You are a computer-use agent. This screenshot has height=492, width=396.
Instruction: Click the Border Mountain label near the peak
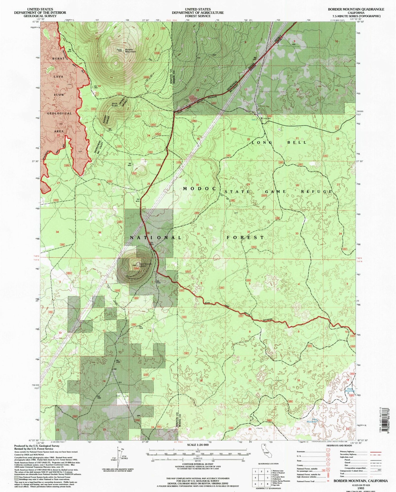coord(130,50)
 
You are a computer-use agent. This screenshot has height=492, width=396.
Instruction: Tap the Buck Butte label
coord(115,104)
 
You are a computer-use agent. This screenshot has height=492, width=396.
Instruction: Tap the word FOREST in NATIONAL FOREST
coord(245,237)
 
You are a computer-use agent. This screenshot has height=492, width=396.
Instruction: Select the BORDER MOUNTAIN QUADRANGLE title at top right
coord(356,9)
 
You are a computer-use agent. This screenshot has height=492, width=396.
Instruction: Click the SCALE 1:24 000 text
coord(198,445)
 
